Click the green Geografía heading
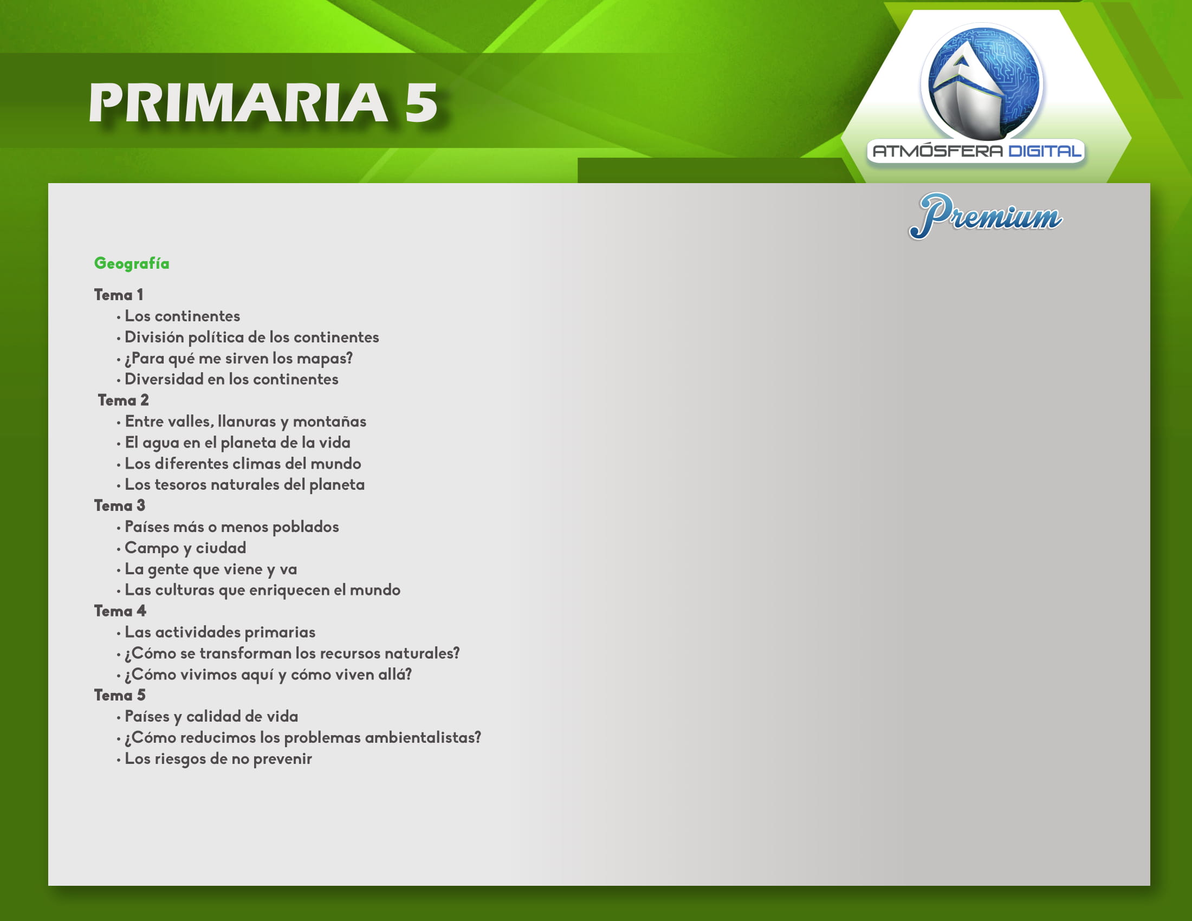[x=132, y=264]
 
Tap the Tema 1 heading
[x=119, y=295]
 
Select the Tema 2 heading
[x=123, y=400]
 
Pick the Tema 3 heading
[x=120, y=505]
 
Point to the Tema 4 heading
[x=120, y=611]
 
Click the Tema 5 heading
[x=120, y=695]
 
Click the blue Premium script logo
[x=985, y=216]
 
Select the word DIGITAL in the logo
[x=1045, y=151]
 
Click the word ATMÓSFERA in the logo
[x=938, y=151]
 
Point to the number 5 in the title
[x=422, y=103]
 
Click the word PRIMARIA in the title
[x=238, y=103]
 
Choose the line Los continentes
[x=182, y=316]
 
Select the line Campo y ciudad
[x=185, y=548]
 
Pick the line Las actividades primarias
[x=220, y=632]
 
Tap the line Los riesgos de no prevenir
[x=218, y=759]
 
